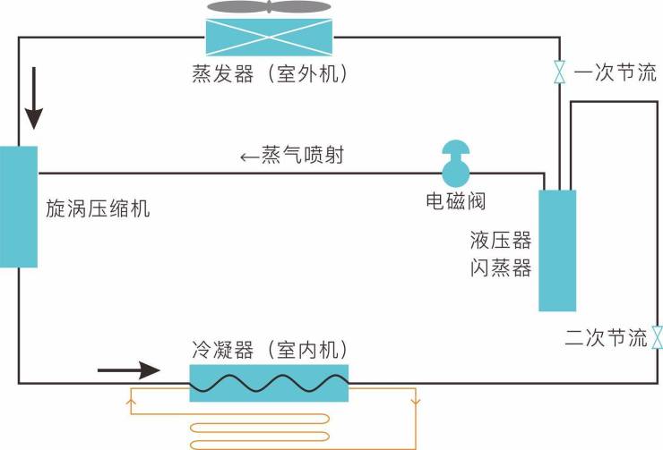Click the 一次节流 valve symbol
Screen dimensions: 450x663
click(560, 72)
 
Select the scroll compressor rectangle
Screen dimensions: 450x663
click(19, 207)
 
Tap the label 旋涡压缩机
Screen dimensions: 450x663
click(99, 209)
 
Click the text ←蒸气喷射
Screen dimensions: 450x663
click(292, 156)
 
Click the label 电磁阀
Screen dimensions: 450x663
click(455, 200)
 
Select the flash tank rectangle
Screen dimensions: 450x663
click(556, 250)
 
